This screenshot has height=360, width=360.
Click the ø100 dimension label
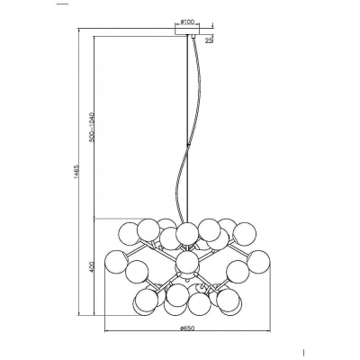coord(188,22)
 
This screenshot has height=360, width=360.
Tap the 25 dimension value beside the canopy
coord(209,40)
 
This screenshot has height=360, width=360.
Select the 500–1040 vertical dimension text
coord(92,127)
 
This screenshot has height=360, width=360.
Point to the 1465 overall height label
coord(76,174)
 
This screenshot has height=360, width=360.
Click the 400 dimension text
coord(92,266)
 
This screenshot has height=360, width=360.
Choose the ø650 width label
coord(188,328)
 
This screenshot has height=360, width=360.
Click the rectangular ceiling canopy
coord(187,31)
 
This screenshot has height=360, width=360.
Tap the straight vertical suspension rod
coord(188,130)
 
